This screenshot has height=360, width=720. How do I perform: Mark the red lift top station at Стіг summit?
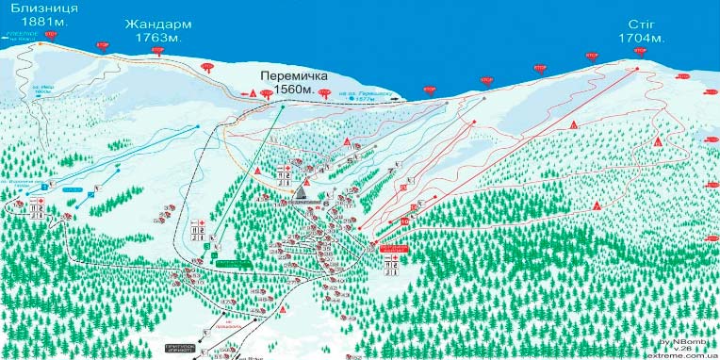click(639, 68)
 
